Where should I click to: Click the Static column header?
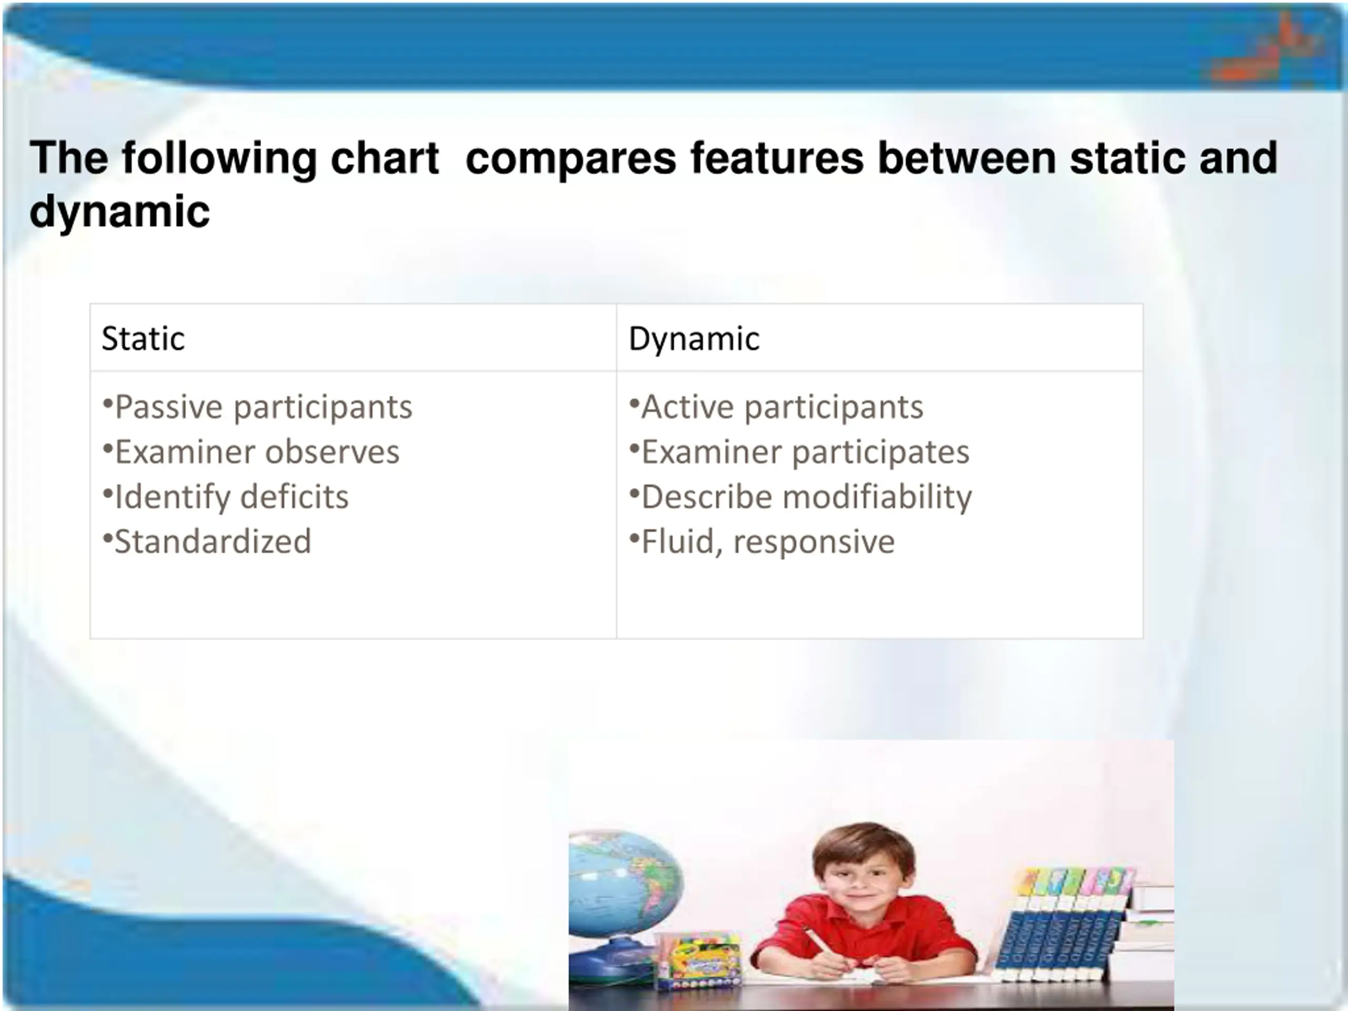143,338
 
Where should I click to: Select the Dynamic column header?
694,339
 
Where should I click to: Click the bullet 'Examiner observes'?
251,452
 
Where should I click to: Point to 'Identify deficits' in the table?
225,497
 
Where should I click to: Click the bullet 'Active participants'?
776,407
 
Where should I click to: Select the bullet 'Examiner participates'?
799,452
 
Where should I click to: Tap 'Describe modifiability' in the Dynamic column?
801,497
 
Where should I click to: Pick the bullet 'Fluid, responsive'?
762,542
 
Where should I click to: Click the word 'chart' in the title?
384,158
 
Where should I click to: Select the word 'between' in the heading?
967,158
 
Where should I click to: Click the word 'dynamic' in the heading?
120,213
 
